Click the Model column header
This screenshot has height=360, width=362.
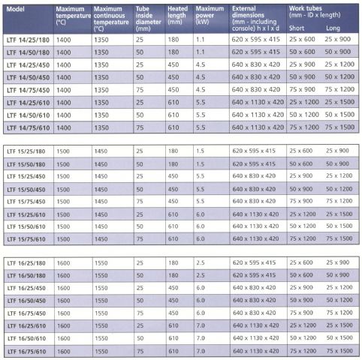point(15,9)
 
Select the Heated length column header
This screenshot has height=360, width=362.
point(177,15)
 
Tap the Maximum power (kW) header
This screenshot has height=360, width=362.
point(210,15)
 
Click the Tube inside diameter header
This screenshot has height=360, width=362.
point(148,19)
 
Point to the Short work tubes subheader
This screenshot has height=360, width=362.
point(297,28)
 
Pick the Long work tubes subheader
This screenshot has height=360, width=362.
point(333,28)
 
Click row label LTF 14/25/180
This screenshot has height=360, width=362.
point(28,40)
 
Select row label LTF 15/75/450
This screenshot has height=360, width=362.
point(26,202)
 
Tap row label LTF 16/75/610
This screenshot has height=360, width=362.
point(26,352)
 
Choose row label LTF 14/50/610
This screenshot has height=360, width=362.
point(28,115)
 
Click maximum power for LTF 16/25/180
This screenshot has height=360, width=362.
point(201,262)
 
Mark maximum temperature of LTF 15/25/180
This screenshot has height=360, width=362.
point(63,151)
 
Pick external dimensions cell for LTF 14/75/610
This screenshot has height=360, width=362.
point(258,127)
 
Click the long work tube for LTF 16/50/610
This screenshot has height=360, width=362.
point(339,337)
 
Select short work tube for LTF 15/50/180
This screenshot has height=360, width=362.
point(301,163)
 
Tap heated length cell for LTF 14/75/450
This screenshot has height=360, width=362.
point(173,90)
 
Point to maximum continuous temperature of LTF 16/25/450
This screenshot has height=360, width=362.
point(101,288)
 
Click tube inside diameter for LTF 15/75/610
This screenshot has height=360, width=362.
point(140,239)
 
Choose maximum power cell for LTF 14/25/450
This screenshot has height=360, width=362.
point(201,64)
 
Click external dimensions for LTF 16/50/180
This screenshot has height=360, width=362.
point(254,275)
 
